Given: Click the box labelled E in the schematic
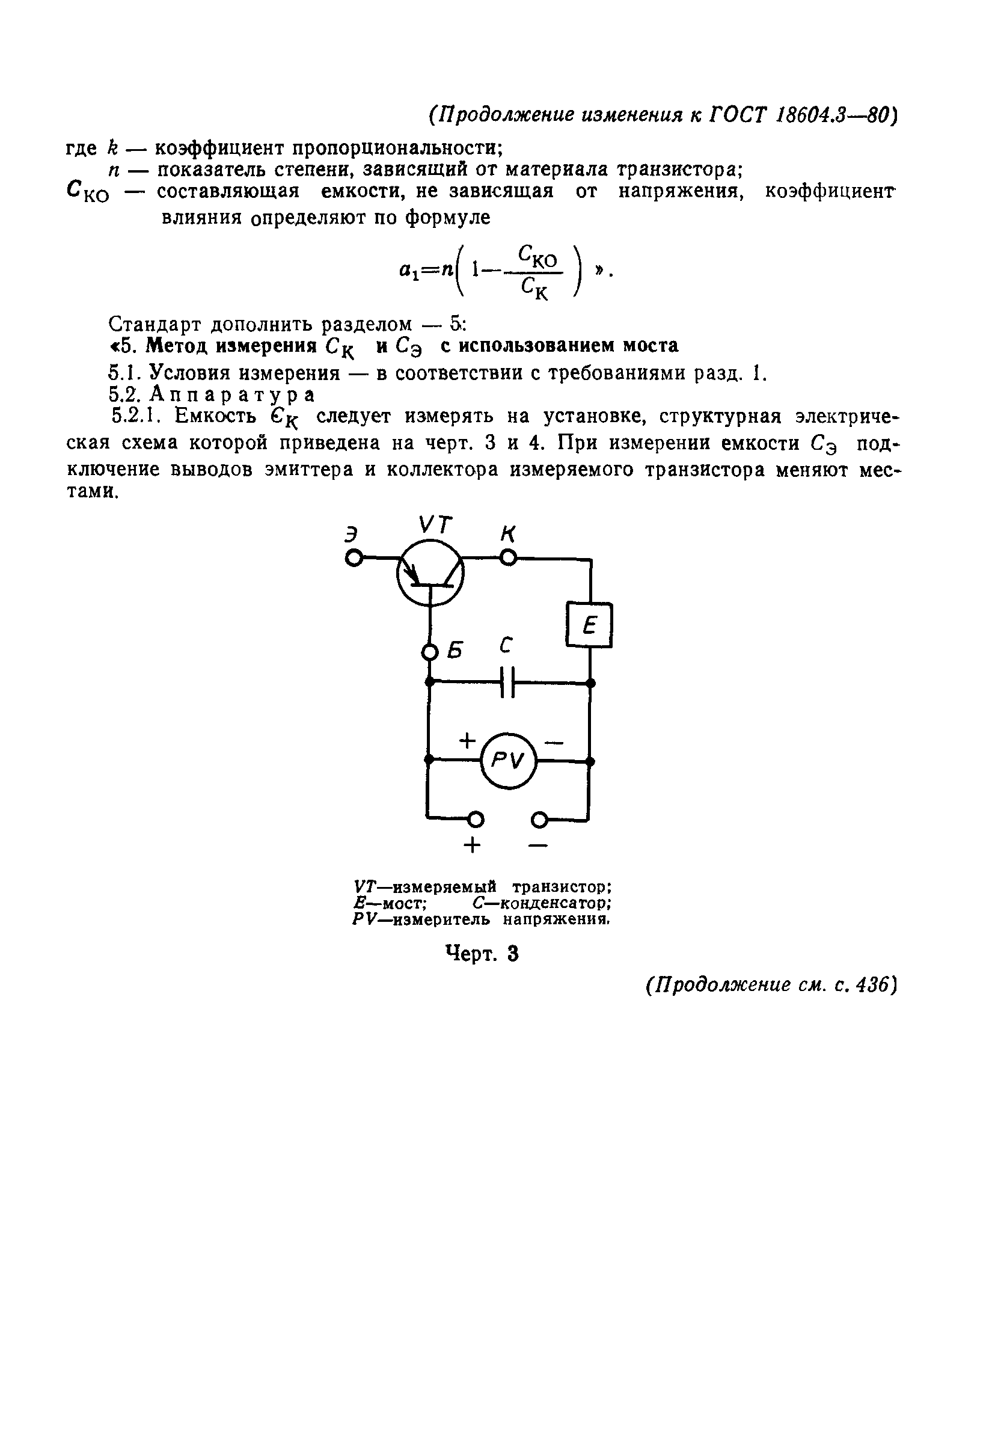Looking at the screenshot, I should click(x=589, y=625).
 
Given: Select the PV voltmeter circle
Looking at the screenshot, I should click(x=509, y=760).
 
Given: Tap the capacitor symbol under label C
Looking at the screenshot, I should click(x=509, y=683).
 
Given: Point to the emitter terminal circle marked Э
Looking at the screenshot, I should click(x=354, y=559).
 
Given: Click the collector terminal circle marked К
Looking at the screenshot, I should click(x=509, y=558).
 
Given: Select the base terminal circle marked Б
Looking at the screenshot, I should click(x=429, y=652).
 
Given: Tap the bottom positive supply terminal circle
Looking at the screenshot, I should click(x=476, y=820).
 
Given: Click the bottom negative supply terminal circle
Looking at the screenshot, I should click(x=539, y=820).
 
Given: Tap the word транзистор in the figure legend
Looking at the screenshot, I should click(x=562, y=886).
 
